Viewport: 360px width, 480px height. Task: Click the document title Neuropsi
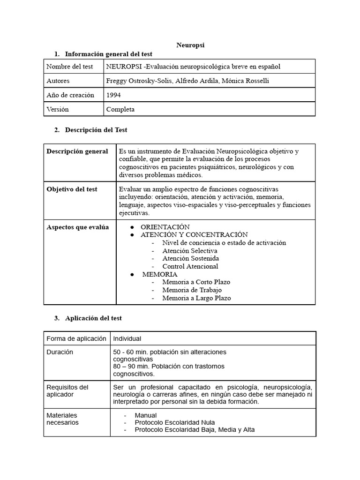point(190,45)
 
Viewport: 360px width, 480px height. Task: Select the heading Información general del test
point(108,54)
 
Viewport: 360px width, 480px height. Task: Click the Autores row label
point(58,81)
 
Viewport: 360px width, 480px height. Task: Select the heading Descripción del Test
point(96,130)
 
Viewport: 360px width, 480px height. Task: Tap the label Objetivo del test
point(72,189)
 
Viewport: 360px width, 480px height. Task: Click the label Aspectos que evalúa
point(77,227)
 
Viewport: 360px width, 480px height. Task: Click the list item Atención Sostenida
point(190,258)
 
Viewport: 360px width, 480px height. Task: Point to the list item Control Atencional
point(190,266)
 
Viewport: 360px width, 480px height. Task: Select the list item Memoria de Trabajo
point(192,290)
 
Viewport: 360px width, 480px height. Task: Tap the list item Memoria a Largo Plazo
point(196,298)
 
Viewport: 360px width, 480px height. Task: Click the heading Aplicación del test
point(93,318)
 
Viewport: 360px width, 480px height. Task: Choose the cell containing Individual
point(127,338)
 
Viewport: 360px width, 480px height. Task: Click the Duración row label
point(60,352)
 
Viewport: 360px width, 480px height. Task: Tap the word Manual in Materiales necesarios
point(145,415)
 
